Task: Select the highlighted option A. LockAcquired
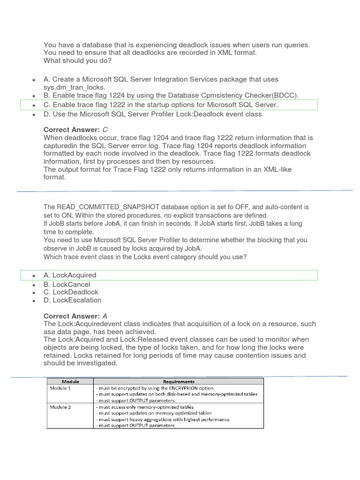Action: click(x=70, y=275)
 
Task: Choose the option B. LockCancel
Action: click(x=67, y=285)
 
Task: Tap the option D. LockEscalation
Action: click(x=72, y=300)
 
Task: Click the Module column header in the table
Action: click(x=70, y=382)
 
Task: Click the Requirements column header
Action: click(x=179, y=382)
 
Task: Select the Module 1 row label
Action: click(x=60, y=388)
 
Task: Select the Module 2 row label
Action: click(x=60, y=407)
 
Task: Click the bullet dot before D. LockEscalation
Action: click(x=34, y=301)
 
